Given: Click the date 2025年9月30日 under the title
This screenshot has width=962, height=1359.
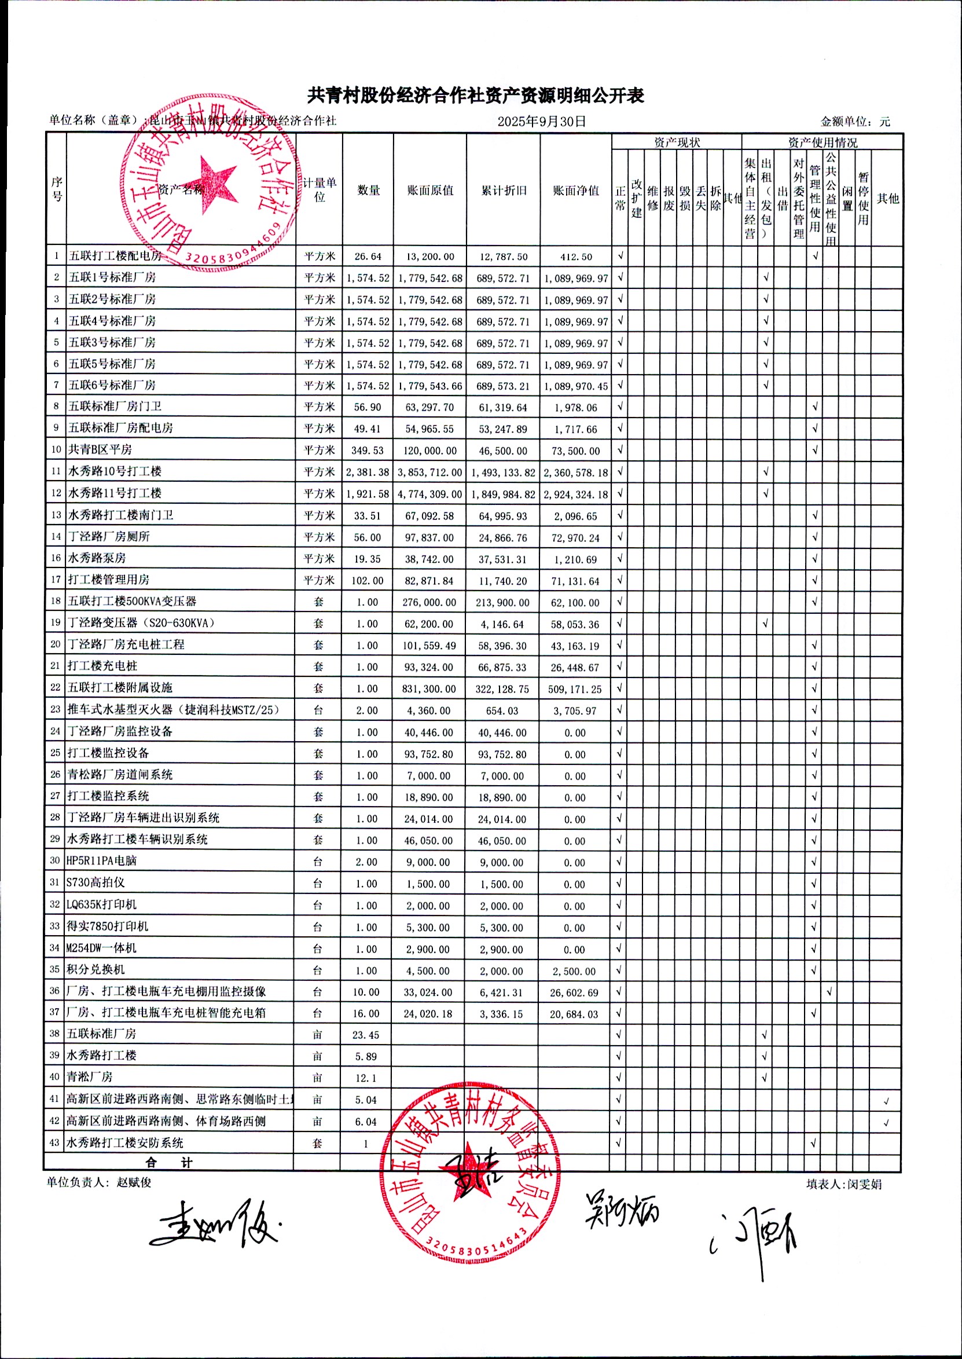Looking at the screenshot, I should pyautogui.click(x=541, y=122).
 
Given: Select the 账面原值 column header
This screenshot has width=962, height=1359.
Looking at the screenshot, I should pyautogui.click(x=430, y=190).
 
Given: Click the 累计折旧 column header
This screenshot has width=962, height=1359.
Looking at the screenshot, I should pyautogui.click(x=504, y=190).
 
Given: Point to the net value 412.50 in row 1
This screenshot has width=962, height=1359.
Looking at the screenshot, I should pyautogui.click(x=576, y=257).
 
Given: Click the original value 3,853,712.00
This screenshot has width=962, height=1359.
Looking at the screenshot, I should pyautogui.click(x=429, y=472).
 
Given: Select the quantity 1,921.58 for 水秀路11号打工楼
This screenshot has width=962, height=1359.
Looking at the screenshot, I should pyautogui.click(x=368, y=493).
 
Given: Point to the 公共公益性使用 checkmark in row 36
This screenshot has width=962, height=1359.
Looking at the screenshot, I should pyautogui.click(x=829, y=991).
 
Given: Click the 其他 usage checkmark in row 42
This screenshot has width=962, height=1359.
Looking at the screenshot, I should pyautogui.click(x=886, y=1123).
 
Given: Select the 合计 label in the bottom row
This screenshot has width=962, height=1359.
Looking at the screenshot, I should pyautogui.click(x=169, y=1162).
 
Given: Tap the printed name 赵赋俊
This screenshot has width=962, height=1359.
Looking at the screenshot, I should pyautogui.click(x=134, y=1182).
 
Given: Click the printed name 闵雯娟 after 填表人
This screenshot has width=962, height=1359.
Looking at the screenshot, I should pyautogui.click(x=864, y=1184).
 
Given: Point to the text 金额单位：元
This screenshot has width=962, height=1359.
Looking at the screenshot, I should pyautogui.click(x=855, y=122).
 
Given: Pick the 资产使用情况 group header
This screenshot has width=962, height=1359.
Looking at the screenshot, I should pyautogui.click(x=822, y=142).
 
